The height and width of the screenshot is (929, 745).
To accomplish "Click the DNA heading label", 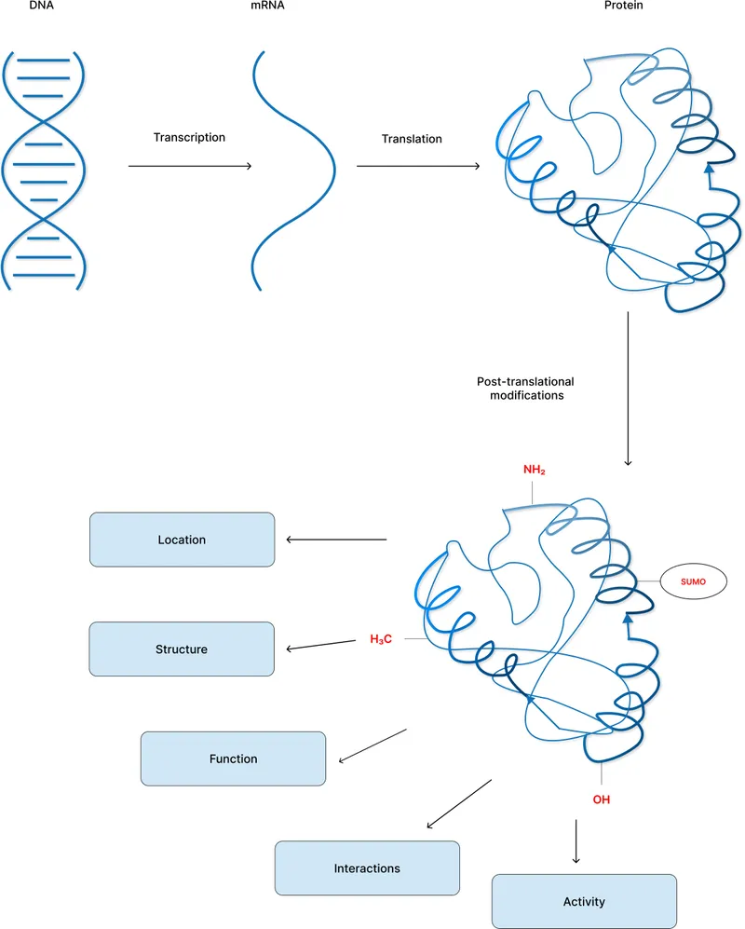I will [17, 5].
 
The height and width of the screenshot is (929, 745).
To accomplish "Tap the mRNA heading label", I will [267, 5].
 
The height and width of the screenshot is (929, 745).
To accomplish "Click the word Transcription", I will [189, 137].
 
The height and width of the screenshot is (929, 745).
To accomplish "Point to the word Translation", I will [412, 139].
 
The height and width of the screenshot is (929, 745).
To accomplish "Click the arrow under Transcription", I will [190, 166].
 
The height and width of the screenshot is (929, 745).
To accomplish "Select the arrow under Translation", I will [418, 166].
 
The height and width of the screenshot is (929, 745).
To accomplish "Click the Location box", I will [182, 540].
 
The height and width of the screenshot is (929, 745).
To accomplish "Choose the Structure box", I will [182, 649].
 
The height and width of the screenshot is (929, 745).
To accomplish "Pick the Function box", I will [233, 758].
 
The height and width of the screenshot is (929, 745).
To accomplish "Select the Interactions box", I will [367, 868].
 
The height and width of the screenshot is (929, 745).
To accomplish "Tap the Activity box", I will [584, 901].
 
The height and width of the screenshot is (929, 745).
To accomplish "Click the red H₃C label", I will [382, 639].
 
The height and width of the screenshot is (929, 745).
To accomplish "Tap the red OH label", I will [602, 799].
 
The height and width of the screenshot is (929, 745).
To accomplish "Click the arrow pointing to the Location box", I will [335, 540].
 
